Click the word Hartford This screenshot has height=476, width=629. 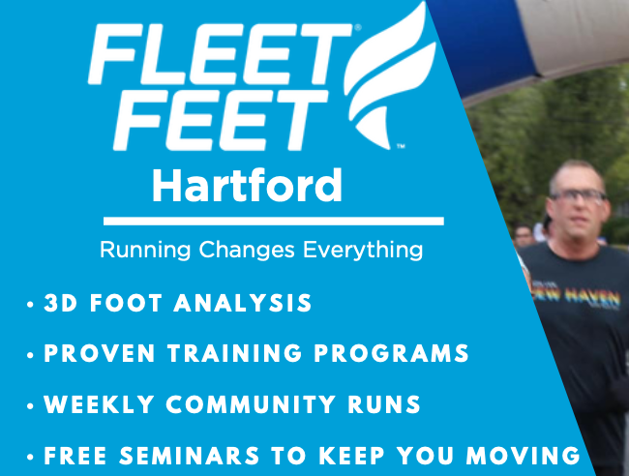247,185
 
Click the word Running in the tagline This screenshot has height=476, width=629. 145,251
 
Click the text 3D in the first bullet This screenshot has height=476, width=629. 60,304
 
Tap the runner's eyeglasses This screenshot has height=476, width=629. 578,196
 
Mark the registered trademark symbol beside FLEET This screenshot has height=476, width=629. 358,29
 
